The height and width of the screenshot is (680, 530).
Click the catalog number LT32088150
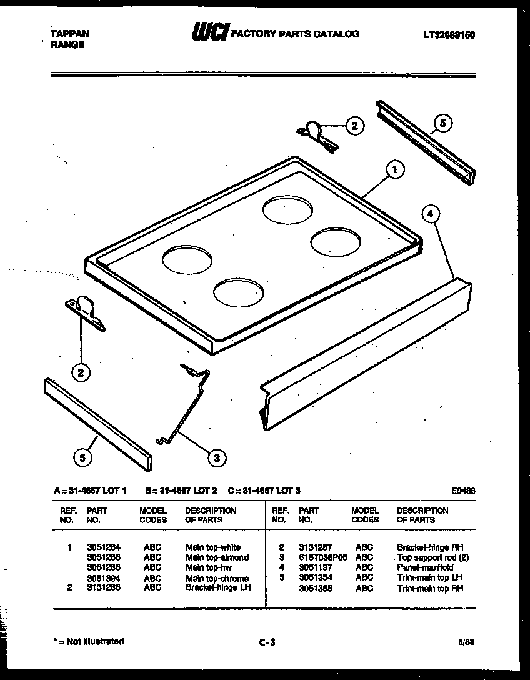coord(445,35)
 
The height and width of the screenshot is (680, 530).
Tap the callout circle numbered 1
coord(394,168)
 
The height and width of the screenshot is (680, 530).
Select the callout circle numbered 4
coord(430,214)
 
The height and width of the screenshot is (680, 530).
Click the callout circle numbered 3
coord(216,458)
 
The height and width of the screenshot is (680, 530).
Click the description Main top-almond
coord(217,557)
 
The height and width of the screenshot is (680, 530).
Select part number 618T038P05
coord(322,557)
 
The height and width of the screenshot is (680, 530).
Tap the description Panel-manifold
coord(425,567)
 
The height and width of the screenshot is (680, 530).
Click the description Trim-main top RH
coord(430,588)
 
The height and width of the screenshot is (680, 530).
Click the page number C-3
coord(266,641)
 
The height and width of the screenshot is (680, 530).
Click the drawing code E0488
coord(462,491)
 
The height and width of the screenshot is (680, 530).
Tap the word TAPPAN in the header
coord(69,34)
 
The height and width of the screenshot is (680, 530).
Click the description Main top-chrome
coord(217,578)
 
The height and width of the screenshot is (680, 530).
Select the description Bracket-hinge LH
coord(218,587)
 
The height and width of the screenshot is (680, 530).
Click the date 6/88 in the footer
coord(466,641)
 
